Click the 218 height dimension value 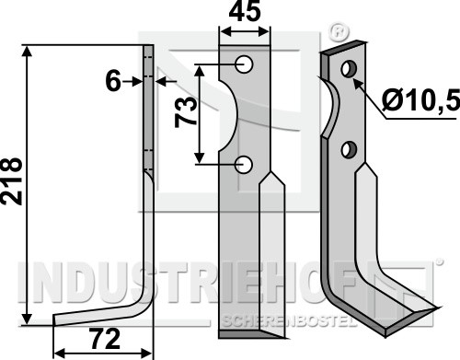tap(11, 181)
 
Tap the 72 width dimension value tap(104, 339)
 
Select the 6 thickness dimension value tap(113, 82)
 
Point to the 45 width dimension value tap(245, 12)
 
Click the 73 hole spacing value tap(186, 111)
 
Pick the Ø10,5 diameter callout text tap(420, 100)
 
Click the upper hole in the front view tap(245, 64)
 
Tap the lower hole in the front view tap(244, 165)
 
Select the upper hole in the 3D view tap(349, 69)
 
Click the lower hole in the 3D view tap(349, 150)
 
